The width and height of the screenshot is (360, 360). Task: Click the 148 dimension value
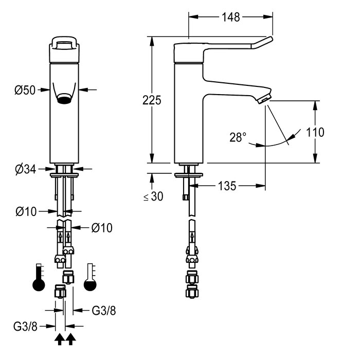[231, 17]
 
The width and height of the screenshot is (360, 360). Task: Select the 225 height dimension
[152, 100]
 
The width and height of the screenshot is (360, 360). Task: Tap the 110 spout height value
[315, 132]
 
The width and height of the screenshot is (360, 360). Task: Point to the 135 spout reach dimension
[227, 186]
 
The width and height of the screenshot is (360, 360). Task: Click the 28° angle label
[238, 137]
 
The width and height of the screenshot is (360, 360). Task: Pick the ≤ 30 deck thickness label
[153, 196]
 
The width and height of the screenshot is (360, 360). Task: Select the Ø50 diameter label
[25, 90]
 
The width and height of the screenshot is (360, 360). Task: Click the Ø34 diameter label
[26, 169]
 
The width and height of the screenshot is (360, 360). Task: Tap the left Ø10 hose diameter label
[26, 211]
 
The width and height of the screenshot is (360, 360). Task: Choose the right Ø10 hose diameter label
[102, 228]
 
